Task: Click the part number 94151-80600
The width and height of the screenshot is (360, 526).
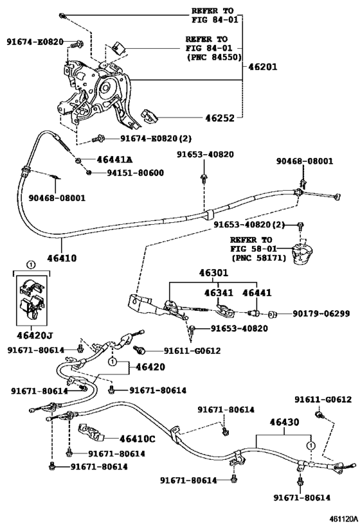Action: point(135,172)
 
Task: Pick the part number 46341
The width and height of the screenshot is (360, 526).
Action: point(218,293)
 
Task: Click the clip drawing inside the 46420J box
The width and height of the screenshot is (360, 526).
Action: point(32,299)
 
